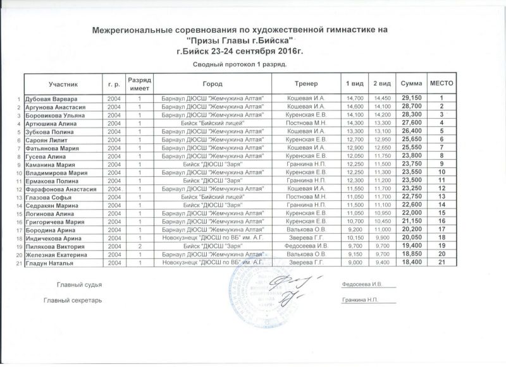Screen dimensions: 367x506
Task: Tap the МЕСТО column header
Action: pyautogui.click(x=447, y=83)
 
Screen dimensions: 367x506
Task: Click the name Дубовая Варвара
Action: pyautogui.click(x=51, y=99)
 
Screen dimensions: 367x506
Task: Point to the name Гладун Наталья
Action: pyautogui.click(x=49, y=262)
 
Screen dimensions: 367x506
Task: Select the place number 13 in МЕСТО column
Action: pyautogui.click(x=447, y=196)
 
